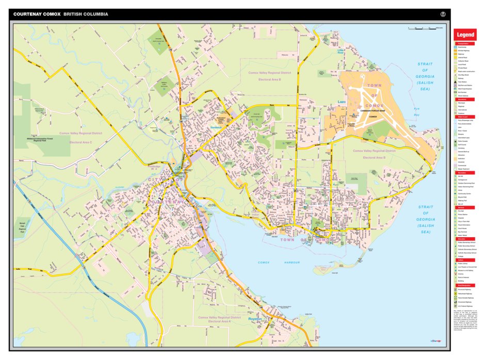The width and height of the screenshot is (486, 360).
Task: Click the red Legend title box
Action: [x=465, y=35]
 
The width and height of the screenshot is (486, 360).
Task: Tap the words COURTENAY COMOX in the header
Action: [x=37, y=14]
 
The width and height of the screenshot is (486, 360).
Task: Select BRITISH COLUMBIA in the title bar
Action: [x=86, y=14]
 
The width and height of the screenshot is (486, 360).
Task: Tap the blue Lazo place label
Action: [x=341, y=102]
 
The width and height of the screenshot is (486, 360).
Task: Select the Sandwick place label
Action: [x=215, y=127]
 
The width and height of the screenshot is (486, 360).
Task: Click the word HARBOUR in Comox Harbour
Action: [x=291, y=263]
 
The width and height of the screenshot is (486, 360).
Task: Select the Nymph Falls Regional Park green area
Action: [x=22, y=227]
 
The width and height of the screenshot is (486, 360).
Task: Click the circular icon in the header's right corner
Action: [x=442, y=14]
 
